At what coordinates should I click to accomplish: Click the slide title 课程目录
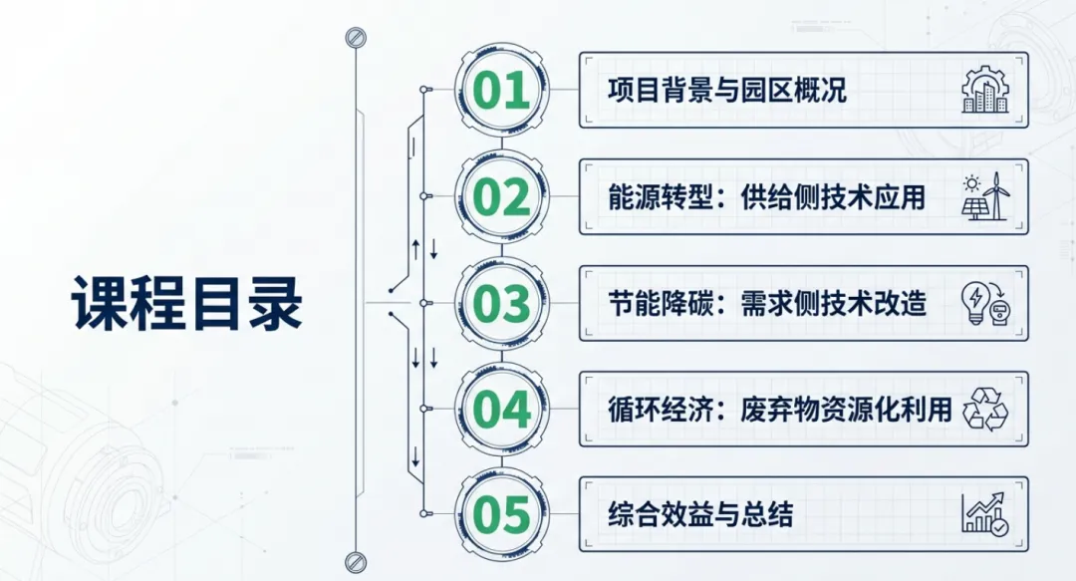pyautogui.click(x=187, y=302)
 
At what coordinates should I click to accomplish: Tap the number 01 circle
pyautogui.click(x=502, y=91)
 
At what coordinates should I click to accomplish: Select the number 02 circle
pyautogui.click(x=502, y=197)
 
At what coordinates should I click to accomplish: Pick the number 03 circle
pyautogui.click(x=502, y=303)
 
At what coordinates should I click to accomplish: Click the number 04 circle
pyautogui.click(x=502, y=410)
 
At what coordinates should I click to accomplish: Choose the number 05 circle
pyautogui.click(x=502, y=515)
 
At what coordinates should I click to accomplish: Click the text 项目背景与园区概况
pyautogui.click(x=727, y=91)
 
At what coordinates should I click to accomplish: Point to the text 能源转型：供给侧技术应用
pyautogui.click(x=766, y=197)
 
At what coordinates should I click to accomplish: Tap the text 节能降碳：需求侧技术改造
pyautogui.click(x=766, y=303)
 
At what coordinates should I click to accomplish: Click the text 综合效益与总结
pyautogui.click(x=700, y=515)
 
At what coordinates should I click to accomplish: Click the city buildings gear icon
pyautogui.click(x=985, y=91)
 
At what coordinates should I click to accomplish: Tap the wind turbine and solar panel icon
pyautogui.click(x=985, y=196)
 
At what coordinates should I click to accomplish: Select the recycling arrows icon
pyautogui.click(x=985, y=409)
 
